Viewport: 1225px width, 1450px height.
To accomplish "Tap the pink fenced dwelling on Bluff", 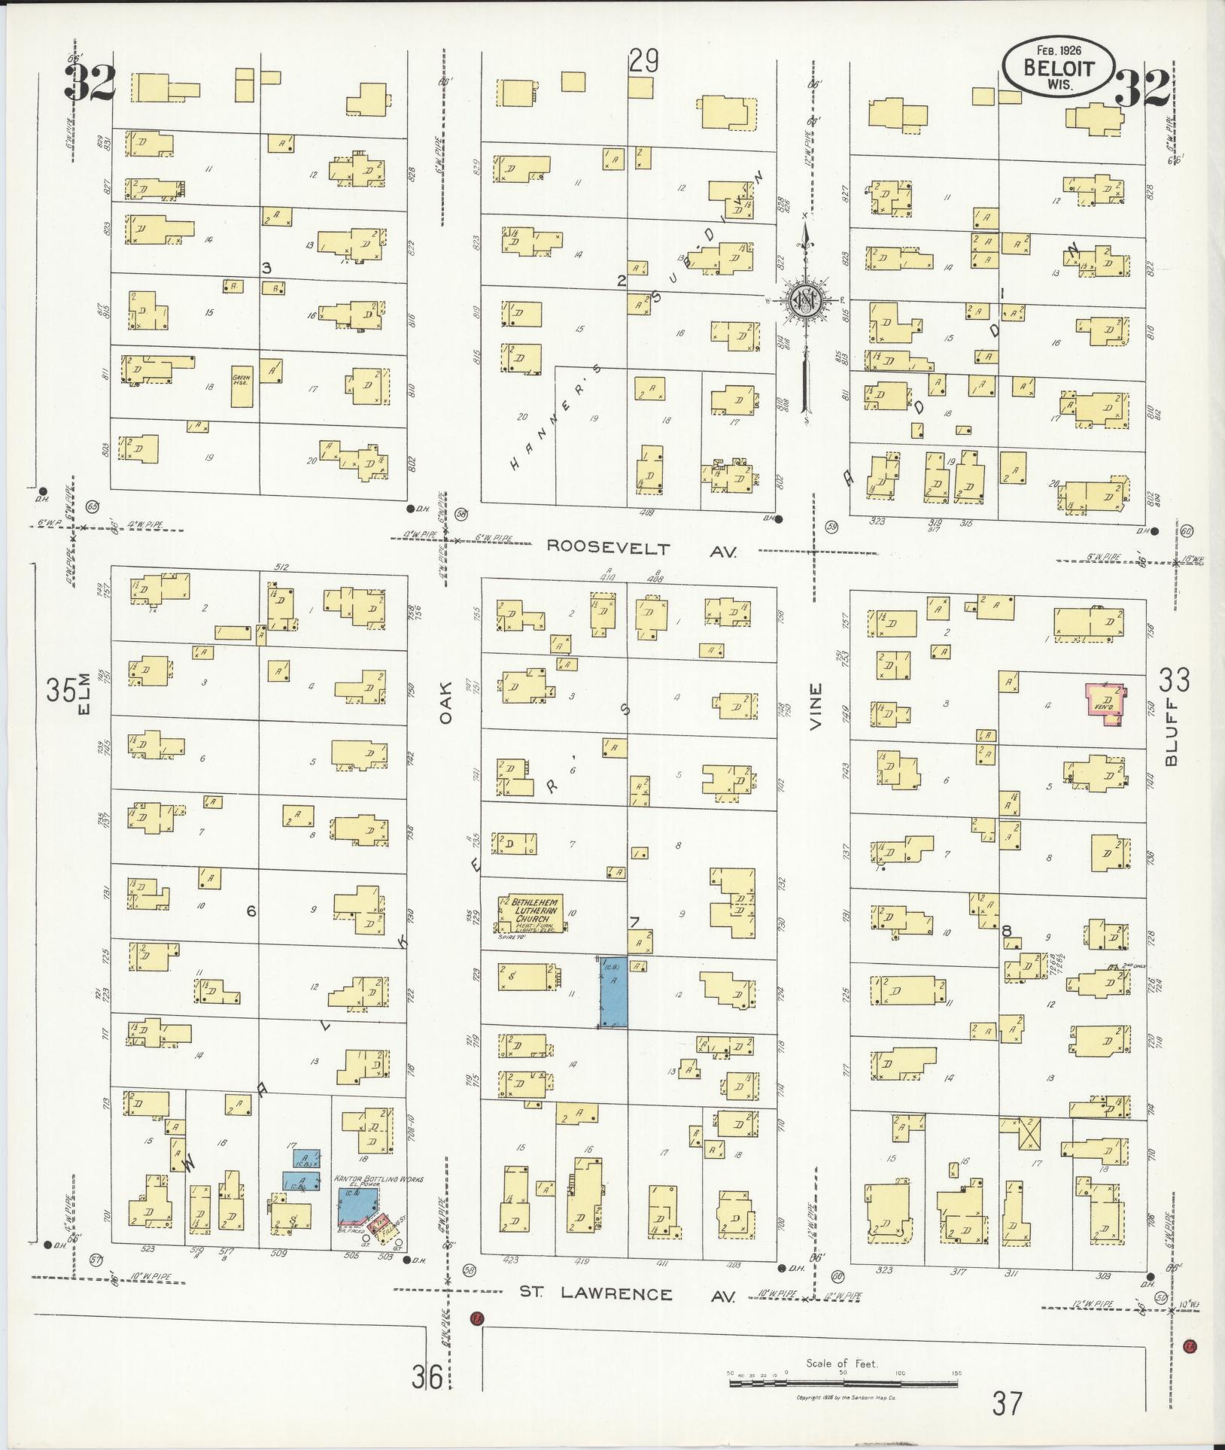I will [1105, 704].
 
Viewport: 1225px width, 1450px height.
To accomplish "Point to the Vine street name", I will [815, 707].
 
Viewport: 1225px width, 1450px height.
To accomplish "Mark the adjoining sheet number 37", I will [1008, 1403].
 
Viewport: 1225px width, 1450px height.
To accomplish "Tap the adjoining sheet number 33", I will [1174, 680].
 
